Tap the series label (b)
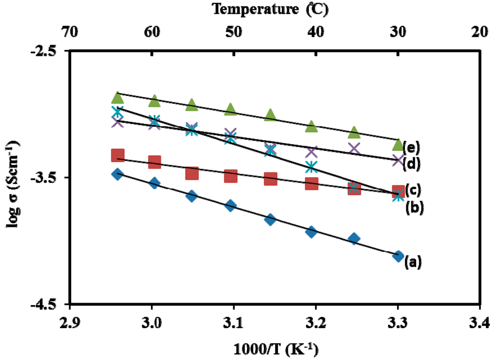pos(414,208)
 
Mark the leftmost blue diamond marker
pos(117,174)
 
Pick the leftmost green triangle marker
pos(117,97)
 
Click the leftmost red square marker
pos(117,155)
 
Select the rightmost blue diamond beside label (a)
pos(398,256)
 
